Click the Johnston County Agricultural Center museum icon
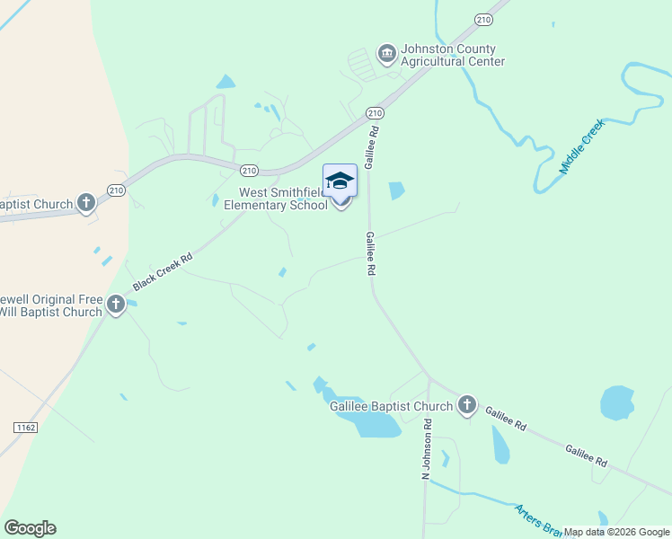(386, 54)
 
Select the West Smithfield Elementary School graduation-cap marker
(340, 181)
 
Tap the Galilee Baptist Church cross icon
(466, 406)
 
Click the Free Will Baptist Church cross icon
(116, 305)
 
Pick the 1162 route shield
(25, 428)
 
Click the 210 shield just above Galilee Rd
(375, 112)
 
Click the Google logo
(30, 528)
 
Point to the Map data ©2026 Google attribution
(616, 532)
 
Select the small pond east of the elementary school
(395, 190)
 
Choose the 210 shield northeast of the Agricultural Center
(484, 20)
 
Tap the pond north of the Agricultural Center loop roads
(225, 82)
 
